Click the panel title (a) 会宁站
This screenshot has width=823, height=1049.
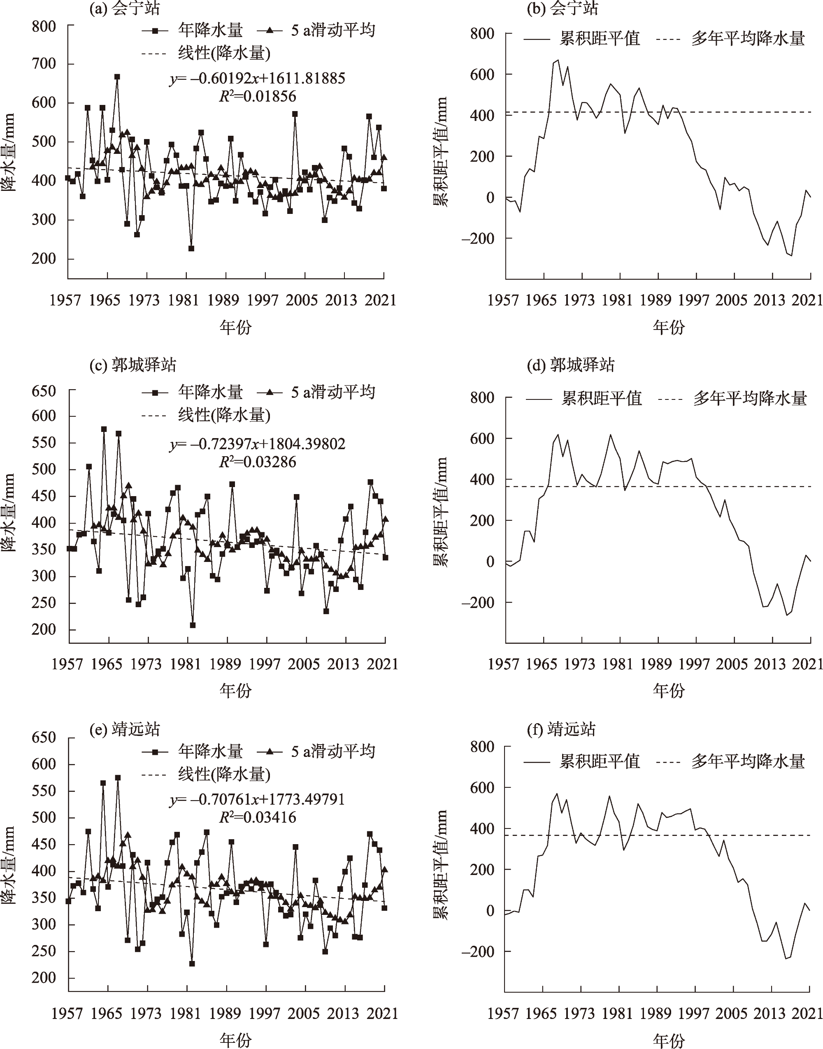[x=124, y=8]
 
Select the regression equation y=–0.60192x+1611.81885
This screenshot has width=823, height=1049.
[x=257, y=78]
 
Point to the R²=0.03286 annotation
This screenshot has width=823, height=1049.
[x=257, y=462]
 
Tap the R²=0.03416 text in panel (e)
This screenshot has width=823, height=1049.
[x=257, y=817]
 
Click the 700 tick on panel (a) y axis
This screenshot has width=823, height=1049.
[x=44, y=64]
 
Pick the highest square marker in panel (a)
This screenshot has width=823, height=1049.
[x=117, y=77]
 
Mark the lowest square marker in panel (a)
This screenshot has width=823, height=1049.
[x=191, y=248]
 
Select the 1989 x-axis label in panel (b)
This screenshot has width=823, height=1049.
[x=656, y=301]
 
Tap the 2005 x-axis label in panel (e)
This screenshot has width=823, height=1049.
[x=304, y=1014]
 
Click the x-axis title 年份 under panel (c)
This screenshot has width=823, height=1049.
[x=236, y=691]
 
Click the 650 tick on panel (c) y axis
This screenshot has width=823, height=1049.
[x=44, y=391]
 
